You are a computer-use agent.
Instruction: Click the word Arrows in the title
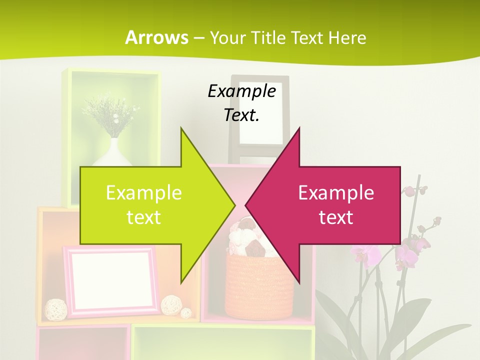click(156, 37)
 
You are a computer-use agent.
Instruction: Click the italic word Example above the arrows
click(241, 91)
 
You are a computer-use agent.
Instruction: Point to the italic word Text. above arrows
click(241, 115)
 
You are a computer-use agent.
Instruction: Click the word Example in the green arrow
click(144, 193)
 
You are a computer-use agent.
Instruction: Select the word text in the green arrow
click(144, 217)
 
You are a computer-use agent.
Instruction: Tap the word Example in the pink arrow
click(336, 193)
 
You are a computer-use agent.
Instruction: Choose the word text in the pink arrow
click(336, 217)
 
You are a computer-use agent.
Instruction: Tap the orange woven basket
click(260, 287)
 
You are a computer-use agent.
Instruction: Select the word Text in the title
click(309, 37)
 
